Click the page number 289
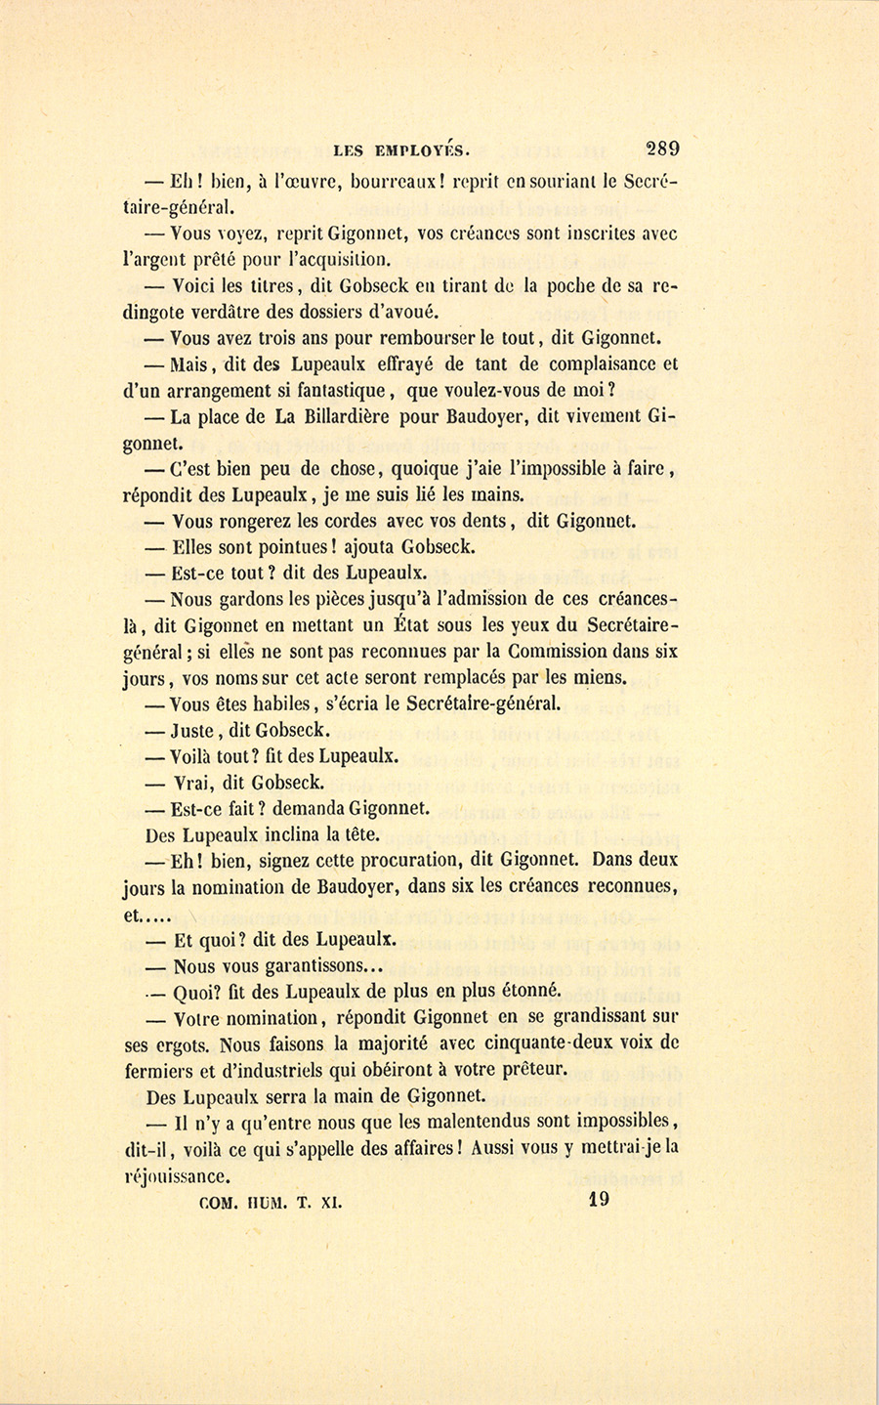point(662,149)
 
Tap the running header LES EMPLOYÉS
point(401,151)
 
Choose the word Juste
point(193,730)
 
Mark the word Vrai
point(194,783)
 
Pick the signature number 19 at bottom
point(600,1200)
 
